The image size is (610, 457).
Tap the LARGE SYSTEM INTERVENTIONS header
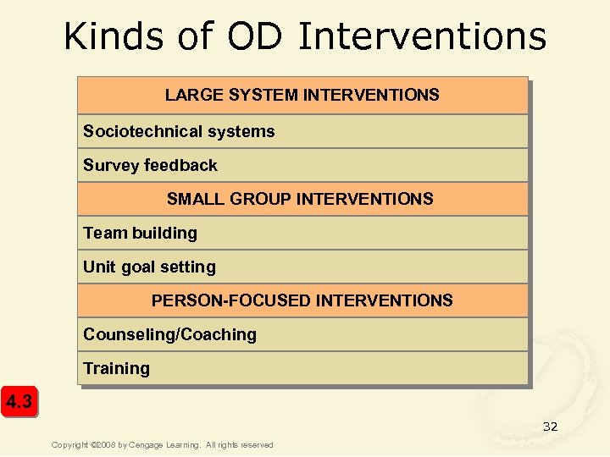pyautogui.click(x=302, y=95)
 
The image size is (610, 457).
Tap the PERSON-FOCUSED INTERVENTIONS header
pyautogui.click(x=302, y=300)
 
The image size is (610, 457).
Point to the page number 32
pyautogui.click(x=550, y=427)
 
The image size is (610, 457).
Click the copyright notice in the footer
pyautogui.click(x=162, y=445)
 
